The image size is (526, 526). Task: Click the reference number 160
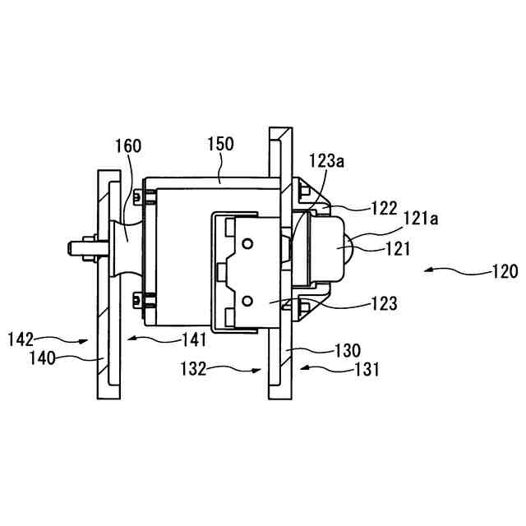[128, 146]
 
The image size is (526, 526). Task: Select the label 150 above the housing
[220, 144]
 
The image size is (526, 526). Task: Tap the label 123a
[326, 161]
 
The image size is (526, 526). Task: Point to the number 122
[384, 208]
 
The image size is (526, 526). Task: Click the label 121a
[420, 219]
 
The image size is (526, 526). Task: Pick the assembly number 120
[505, 271]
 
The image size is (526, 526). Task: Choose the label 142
[21, 339]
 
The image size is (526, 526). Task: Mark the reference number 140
[43, 358]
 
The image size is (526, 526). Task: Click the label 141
[194, 339]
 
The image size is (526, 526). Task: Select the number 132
[193, 369]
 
